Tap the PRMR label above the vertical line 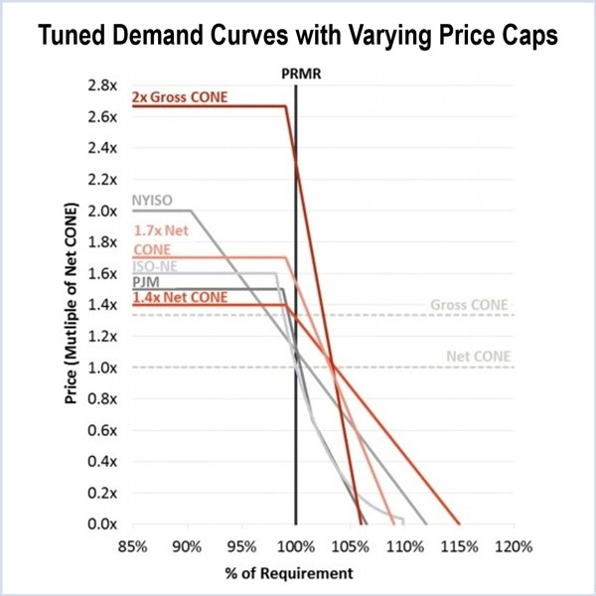pyautogui.click(x=296, y=74)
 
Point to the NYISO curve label pyautogui.click(x=152, y=201)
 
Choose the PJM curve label pyautogui.click(x=146, y=282)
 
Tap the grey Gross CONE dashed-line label pyautogui.click(x=470, y=305)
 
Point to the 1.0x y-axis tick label pyautogui.click(x=101, y=368)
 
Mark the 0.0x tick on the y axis pyautogui.click(x=101, y=523)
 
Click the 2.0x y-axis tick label pyautogui.click(x=101, y=211)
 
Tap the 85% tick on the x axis pyautogui.click(x=133, y=547)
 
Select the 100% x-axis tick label pyautogui.click(x=295, y=547)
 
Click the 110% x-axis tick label pyautogui.click(x=404, y=547)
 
